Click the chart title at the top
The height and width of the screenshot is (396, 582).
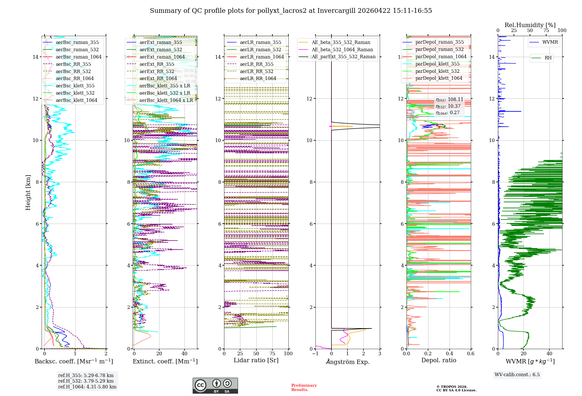coord(291,11)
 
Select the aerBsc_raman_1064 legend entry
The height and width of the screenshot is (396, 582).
coord(79,57)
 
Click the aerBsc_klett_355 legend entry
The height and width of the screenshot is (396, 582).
coord(75,86)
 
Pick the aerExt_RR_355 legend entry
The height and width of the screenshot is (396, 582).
coord(157,64)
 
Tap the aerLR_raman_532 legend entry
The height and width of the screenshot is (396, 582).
coord(260,50)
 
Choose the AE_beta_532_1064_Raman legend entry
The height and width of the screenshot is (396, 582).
coord(342,50)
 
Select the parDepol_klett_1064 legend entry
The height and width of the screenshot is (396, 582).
coord(439,78)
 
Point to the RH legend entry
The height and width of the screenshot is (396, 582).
coord(548,58)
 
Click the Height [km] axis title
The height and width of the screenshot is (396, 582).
coord(28,192)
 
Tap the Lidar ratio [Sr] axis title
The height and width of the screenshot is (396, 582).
coord(256,360)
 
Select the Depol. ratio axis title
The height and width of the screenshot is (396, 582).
coord(439,360)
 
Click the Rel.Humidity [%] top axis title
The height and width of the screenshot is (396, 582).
coord(530,25)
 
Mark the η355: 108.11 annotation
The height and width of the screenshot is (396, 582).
coord(449,100)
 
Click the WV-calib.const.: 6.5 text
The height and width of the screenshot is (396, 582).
coord(517,375)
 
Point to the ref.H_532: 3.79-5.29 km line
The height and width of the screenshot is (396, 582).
coord(86,381)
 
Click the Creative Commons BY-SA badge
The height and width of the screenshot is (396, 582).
coord(215,386)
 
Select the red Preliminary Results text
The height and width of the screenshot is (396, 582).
coord(304,388)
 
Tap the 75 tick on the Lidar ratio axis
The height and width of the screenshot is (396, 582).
coord(272,354)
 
